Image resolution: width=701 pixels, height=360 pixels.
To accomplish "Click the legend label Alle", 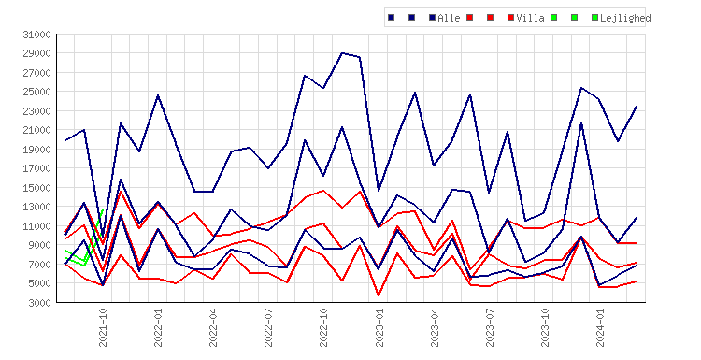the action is (449, 18).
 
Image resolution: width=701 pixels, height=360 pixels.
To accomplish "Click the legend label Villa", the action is (530, 18).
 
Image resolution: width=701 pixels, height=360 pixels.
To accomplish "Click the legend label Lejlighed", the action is (625, 18).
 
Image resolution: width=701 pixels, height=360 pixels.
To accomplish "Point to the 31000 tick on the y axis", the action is (37, 35).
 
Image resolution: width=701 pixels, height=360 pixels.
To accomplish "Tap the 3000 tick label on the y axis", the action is (40, 303).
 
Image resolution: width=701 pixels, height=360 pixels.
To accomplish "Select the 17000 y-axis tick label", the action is (37, 168).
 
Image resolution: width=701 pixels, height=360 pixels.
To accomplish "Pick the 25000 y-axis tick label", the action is (37, 92).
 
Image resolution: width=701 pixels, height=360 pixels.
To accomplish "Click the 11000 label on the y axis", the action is (37, 226).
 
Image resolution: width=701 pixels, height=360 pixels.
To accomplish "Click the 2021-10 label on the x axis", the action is (103, 327).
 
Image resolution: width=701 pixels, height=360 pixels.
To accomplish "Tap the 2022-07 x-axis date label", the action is (268, 327).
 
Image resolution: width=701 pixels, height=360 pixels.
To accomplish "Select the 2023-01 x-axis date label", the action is (379, 327).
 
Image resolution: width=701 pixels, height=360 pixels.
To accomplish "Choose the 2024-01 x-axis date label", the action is (600, 327).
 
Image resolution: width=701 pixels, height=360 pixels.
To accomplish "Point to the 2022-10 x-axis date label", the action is (323, 327).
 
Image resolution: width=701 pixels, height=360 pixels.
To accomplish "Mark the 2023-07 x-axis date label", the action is (490, 327).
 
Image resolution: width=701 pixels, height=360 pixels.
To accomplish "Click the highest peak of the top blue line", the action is (342, 52).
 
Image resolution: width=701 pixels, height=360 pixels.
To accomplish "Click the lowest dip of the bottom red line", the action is (379, 295).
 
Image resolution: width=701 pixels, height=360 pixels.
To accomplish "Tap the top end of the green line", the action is (103, 209).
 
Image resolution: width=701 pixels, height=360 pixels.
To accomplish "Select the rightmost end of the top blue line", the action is (637, 107).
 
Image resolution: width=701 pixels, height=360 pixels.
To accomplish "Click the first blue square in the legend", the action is (392, 18).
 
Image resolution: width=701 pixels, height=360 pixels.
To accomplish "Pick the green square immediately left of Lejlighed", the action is (594, 18).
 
